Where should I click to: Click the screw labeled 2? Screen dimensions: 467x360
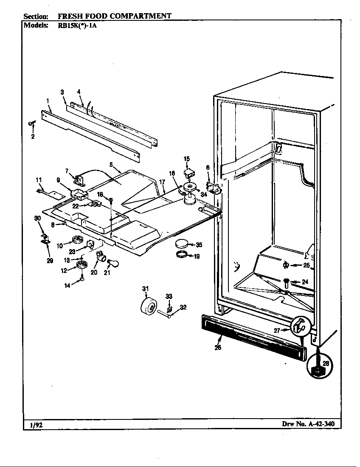[x=31, y=124]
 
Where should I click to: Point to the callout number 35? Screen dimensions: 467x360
[x=199, y=245]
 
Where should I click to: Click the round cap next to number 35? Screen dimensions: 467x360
[x=181, y=244]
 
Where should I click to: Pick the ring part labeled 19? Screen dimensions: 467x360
[x=182, y=255]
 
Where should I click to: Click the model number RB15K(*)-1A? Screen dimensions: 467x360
[x=77, y=25]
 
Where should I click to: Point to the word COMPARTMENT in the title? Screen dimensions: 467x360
[x=141, y=16]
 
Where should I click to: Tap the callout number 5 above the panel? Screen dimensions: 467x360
[x=111, y=163]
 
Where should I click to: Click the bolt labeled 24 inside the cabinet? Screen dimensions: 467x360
[x=287, y=281]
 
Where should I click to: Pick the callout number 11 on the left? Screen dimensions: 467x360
[x=39, y=180]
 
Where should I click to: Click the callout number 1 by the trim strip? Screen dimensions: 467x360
[x=48, y=101]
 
